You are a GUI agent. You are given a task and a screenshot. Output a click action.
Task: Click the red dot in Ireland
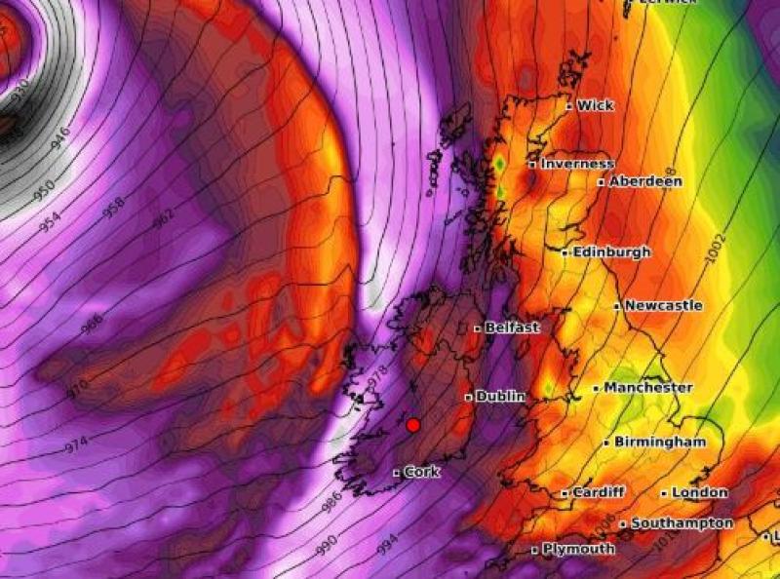[412, 425]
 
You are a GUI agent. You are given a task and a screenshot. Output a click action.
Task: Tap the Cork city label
[421, 472]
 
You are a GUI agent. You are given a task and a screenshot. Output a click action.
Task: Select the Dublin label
[501, 397]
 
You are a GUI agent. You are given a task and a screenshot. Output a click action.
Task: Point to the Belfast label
[512, 328]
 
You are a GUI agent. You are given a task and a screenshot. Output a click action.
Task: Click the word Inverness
[577, 164]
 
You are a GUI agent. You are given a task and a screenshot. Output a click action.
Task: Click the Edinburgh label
[611, 251]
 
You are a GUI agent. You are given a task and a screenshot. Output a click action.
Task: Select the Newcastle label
[663, 305]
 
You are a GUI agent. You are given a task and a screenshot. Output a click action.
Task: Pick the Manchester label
[647, 387]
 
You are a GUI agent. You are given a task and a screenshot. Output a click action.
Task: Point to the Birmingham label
[660, 442]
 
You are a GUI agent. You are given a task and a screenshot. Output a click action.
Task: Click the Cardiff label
[598, 492]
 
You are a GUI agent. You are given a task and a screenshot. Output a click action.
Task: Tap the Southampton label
[682, 523]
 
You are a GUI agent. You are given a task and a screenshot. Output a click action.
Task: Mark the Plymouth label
[578, 549]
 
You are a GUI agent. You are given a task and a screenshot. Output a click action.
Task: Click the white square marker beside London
[664, 493]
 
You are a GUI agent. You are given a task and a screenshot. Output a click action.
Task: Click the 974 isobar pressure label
[76, 443]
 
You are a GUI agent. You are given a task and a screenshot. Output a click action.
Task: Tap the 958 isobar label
[114, 209]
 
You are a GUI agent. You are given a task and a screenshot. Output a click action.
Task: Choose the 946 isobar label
[60, 137]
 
